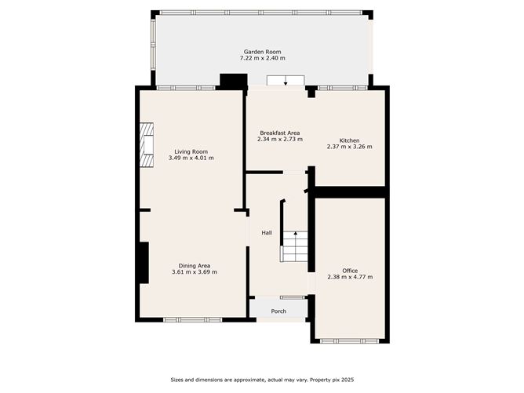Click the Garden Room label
click(262, 52)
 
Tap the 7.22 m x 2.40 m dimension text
click(262, 58)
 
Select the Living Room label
click(191, 151)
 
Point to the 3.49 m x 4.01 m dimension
click(191, 158)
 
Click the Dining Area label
click(194, 265)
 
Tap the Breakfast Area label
click(279, 133)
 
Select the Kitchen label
click(349, 140)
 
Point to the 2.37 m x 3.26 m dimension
click(349, 147)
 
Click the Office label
click(350, 271)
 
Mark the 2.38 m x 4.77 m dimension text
click(350, 277)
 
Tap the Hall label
click(267, 232)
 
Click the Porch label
click(278, 311)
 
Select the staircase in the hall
click(294, 246)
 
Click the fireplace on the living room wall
click(147, 145)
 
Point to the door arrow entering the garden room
click(285, 82)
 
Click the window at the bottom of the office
click(350, 341)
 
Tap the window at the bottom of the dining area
click(193, 319)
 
